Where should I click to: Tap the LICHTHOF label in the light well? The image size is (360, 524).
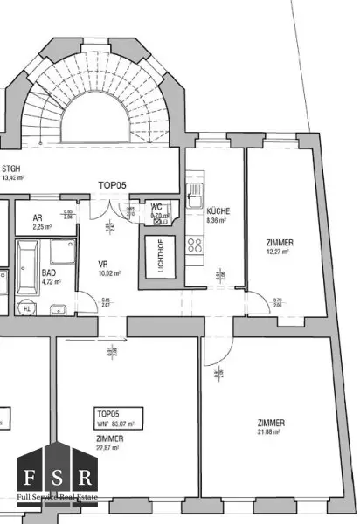point(159,256)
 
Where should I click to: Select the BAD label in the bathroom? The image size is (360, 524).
point(49,272)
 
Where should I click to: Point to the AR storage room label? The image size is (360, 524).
point(38,218)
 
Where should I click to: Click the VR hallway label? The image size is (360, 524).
point(102,262)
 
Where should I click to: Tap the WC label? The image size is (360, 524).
point(156,207)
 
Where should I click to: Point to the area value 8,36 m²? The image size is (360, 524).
point(216,221)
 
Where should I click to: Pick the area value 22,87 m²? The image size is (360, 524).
point(110,448)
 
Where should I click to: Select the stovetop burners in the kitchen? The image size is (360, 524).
point(195,245)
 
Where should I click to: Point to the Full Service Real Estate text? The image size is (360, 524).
point(59,499)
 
